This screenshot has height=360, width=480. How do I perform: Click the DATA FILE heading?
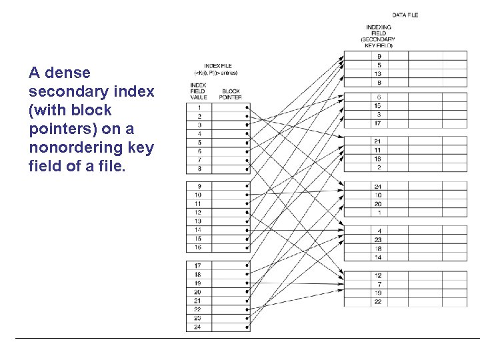point(405,15)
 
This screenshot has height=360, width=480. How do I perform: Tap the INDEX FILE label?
point(217,67)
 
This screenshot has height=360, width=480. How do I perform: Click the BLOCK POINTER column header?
point(231,94)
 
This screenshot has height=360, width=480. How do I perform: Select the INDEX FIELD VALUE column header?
point(198,91)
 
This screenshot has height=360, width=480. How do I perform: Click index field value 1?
point(199,107)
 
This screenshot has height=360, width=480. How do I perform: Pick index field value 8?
point(199,169)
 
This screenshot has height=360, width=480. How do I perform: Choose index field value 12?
point(198,212)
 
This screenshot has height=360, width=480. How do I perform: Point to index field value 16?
point(198,247)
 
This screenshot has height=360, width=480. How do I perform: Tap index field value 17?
point(198,265)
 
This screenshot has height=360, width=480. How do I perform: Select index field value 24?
point(198,327)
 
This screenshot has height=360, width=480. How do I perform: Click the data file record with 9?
point(378,56)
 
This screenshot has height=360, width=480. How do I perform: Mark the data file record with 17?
point(378,123)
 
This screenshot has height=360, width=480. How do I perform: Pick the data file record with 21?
point(378,141)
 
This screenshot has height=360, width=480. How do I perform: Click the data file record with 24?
point(378,186)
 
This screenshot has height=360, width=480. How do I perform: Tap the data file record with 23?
point(378,239)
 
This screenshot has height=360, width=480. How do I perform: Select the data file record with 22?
point(378,302)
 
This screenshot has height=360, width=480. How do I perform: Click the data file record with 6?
point(378,97)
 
